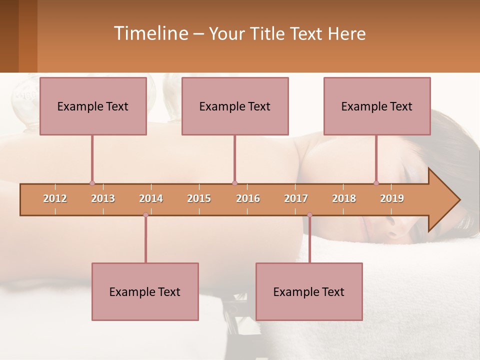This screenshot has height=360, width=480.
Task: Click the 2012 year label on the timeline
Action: tap(55, 198)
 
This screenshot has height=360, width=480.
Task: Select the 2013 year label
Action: tap(103, 198)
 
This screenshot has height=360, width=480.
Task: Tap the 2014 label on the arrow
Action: tap(151, 198)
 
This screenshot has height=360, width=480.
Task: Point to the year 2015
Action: tap(199, 198)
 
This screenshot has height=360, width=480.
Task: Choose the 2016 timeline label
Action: tap(248, 198)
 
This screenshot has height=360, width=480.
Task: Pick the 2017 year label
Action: tap(296, 198)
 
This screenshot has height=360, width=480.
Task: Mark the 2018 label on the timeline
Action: tap(344, 198)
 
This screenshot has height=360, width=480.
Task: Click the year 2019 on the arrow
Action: tap(392, 198)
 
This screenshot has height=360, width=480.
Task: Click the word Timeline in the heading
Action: tap(150, 33)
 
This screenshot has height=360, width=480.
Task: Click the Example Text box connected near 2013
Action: tap(93, 106)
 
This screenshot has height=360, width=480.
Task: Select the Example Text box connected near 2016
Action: tap(235, 106)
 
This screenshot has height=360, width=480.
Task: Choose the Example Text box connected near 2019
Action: tap(377, 106)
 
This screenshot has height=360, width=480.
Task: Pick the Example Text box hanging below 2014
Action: tap(145, 291)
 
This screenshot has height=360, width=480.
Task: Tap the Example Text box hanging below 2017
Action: tap(309, 291)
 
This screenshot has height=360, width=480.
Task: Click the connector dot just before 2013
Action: tap(92, 183)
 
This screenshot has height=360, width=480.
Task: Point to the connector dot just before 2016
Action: tap(234, 183)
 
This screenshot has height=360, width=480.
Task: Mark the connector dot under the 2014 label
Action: tap(145, 215)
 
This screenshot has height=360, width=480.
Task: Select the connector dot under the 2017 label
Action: tap(309, 215)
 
